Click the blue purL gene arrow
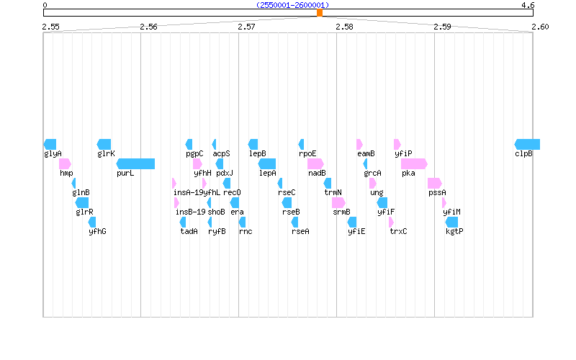click(135, 163)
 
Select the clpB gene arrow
click(527, 144)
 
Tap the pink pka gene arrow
click(414, 163)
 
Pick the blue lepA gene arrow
click(267, 163)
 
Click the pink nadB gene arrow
click(315, 163)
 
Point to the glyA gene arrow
click(50, 144)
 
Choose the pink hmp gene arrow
click(65, 163)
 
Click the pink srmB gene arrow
click(338, 202)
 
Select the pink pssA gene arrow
click(434, 183)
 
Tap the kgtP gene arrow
click(451, 222)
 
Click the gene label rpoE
click(307, 153)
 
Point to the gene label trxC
click(398, 231)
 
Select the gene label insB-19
click(190, 212)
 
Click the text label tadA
click(189, 231)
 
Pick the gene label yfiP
click(403, 153)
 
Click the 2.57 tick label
click(246, 27)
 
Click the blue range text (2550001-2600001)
click(292, 5)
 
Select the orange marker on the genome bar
click(319, 12)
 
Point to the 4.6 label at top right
click(528, 5)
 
